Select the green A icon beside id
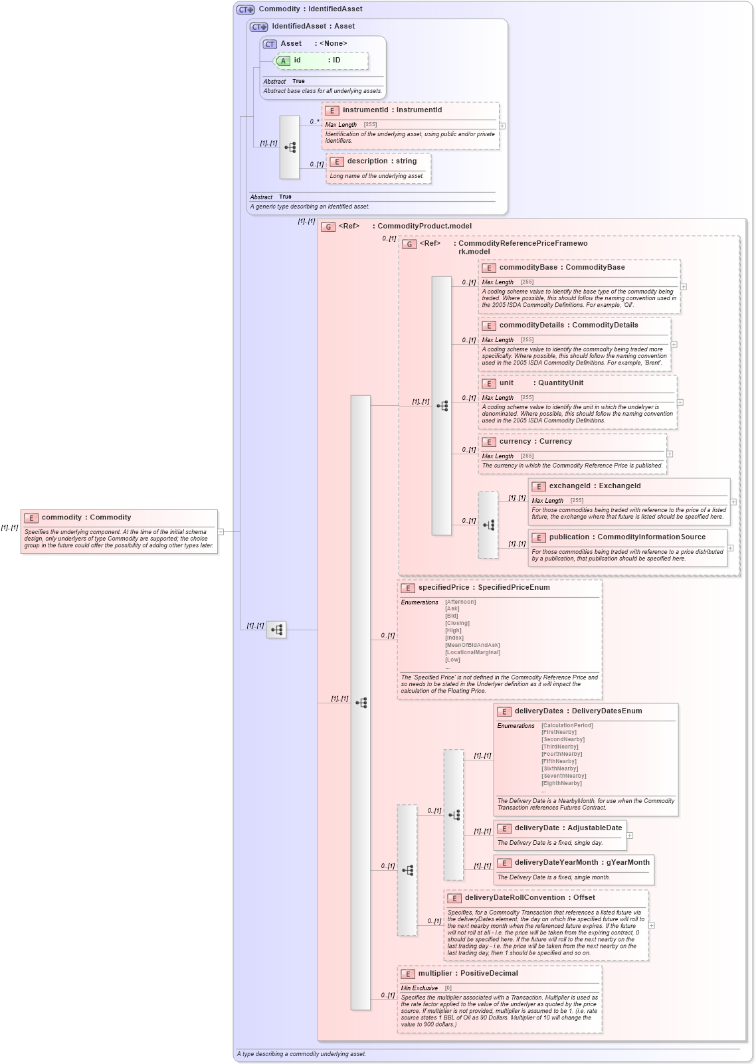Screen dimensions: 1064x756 (283, 61)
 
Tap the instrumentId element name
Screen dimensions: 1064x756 (365, 110)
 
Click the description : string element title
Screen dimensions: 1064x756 (381, 161)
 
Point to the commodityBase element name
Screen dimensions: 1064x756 (528, 268)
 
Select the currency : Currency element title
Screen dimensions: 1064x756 (535, 442)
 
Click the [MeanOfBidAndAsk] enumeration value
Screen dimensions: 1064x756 (472, 645)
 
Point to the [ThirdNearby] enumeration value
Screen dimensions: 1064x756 (559, 747)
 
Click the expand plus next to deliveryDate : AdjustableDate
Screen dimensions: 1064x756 (630, 836)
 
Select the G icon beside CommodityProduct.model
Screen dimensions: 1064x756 (328, 227)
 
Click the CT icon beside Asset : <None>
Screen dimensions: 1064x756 (270, 44)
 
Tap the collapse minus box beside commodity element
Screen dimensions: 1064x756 (221, 531)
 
